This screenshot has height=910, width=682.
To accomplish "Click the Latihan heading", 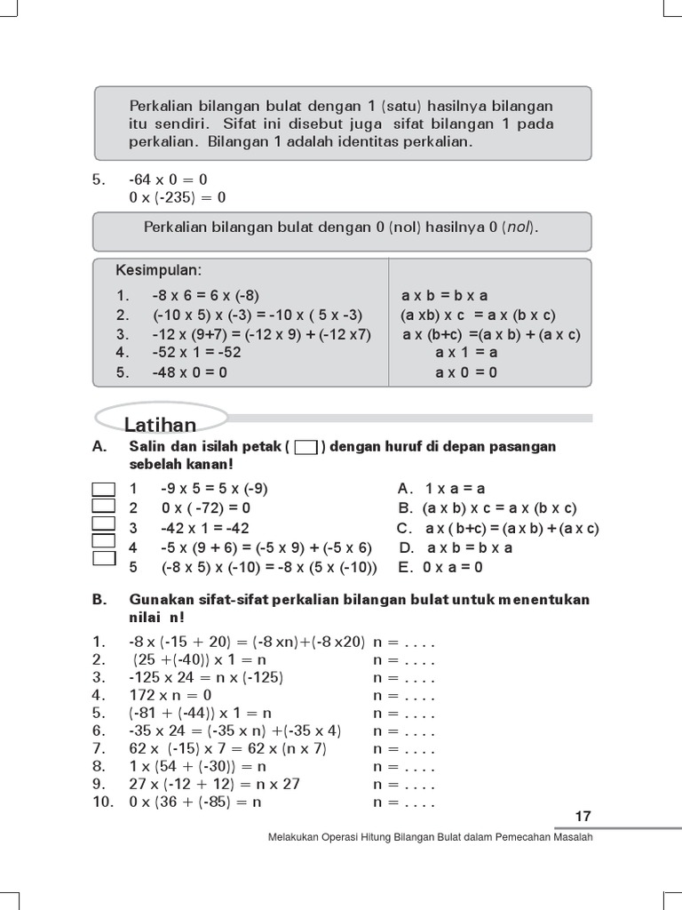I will coord(161,425).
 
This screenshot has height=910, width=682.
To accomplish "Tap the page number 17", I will coord(583,817).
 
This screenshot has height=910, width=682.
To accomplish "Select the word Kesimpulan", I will coord(158,269).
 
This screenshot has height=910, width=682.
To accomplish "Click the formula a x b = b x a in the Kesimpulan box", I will coord(445,295).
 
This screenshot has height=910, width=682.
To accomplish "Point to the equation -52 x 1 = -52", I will coord(196,352).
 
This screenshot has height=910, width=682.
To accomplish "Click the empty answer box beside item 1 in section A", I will coord(104,488).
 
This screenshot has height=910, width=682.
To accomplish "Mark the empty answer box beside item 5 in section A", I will coord(104,558).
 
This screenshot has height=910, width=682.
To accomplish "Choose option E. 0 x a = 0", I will coord(440,567).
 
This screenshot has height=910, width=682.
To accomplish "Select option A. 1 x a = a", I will coord(441,488).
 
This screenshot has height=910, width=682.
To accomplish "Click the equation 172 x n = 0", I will coord(170,695).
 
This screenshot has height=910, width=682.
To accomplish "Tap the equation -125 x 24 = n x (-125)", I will coord(206,677).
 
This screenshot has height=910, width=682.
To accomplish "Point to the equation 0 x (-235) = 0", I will coord(178,197).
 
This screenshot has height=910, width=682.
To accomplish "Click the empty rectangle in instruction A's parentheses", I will coord(305,447).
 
